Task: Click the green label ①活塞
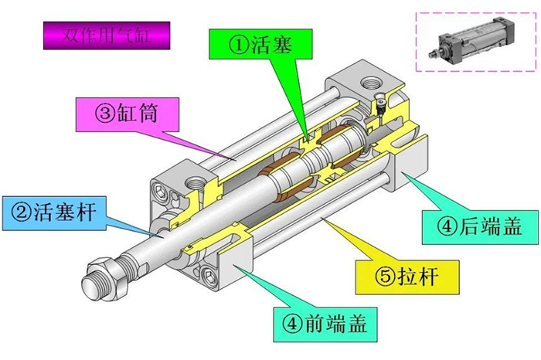click(x=260, y=44)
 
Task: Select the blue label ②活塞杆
click(x=54, y=212)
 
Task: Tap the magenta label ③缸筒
click(x=128, y=114)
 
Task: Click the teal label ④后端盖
click(x=480, y=227)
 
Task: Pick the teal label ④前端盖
click(x=325, y=324)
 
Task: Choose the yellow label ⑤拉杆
click(x=407, y=277)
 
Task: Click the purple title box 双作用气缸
click(x=107, y=36)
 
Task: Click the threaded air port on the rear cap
click(x=372, y=83)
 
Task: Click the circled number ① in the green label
click(x=239, y=45)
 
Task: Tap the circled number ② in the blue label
click(x=22, y=212)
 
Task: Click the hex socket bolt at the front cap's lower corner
click(x=209, y=276)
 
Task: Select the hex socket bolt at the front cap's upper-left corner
click(x=160, y=191)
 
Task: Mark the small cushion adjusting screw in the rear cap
click(x=380, y=103)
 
